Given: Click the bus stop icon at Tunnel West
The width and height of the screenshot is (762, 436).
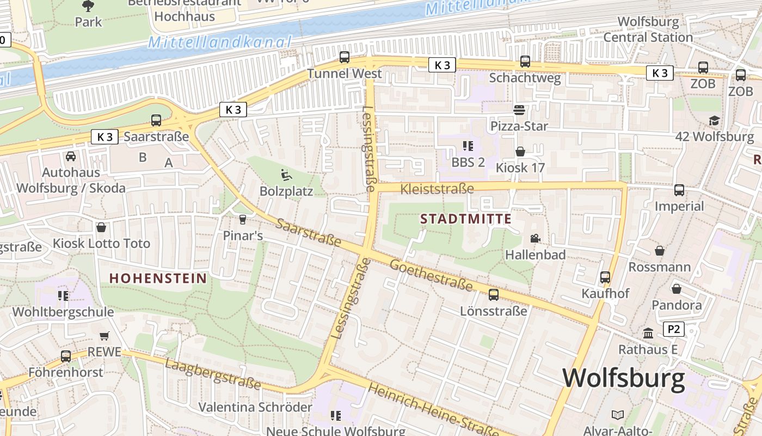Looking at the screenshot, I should (x=344, y=57).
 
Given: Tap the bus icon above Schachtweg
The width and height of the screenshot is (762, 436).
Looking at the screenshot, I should (x=525, y=62).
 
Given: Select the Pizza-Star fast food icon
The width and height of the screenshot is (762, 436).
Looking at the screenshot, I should (x=519, y=110).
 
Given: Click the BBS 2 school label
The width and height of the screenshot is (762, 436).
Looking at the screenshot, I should (x=468, y=162).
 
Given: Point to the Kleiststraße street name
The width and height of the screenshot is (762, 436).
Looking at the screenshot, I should (x=437, y=189).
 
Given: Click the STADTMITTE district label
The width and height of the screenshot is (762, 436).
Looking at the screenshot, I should (x=466, y=219).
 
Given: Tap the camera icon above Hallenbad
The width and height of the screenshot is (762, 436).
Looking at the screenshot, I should (x=535, y=239).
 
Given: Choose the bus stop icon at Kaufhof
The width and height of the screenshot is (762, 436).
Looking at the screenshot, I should (x=605, y=277).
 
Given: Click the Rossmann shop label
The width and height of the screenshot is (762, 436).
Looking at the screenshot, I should (x=659, y=267).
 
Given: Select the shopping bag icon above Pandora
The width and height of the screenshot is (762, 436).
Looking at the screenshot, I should (x=676, y=289).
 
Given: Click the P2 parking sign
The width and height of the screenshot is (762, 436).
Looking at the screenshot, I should (x=674, y=329).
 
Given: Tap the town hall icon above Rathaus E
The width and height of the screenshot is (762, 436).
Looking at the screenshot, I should (x=648, y=332).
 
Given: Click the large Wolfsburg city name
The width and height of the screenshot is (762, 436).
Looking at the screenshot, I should (x=623, y=378).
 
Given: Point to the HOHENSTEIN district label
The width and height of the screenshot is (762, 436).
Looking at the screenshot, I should (x=158, y=278).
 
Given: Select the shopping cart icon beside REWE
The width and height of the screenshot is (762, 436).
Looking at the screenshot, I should (x=104, y=336).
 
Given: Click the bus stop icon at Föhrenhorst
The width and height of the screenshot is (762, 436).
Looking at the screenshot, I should (x=66, y=356).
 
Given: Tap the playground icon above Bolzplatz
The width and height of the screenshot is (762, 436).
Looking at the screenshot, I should (x=286, y=175).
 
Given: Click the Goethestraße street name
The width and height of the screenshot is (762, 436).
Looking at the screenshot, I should (x=431, y=275).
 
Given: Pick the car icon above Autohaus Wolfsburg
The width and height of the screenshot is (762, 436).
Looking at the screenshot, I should (x=71, y=157).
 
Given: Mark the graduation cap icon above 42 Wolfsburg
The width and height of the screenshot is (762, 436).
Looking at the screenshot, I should (x=714, y=120).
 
